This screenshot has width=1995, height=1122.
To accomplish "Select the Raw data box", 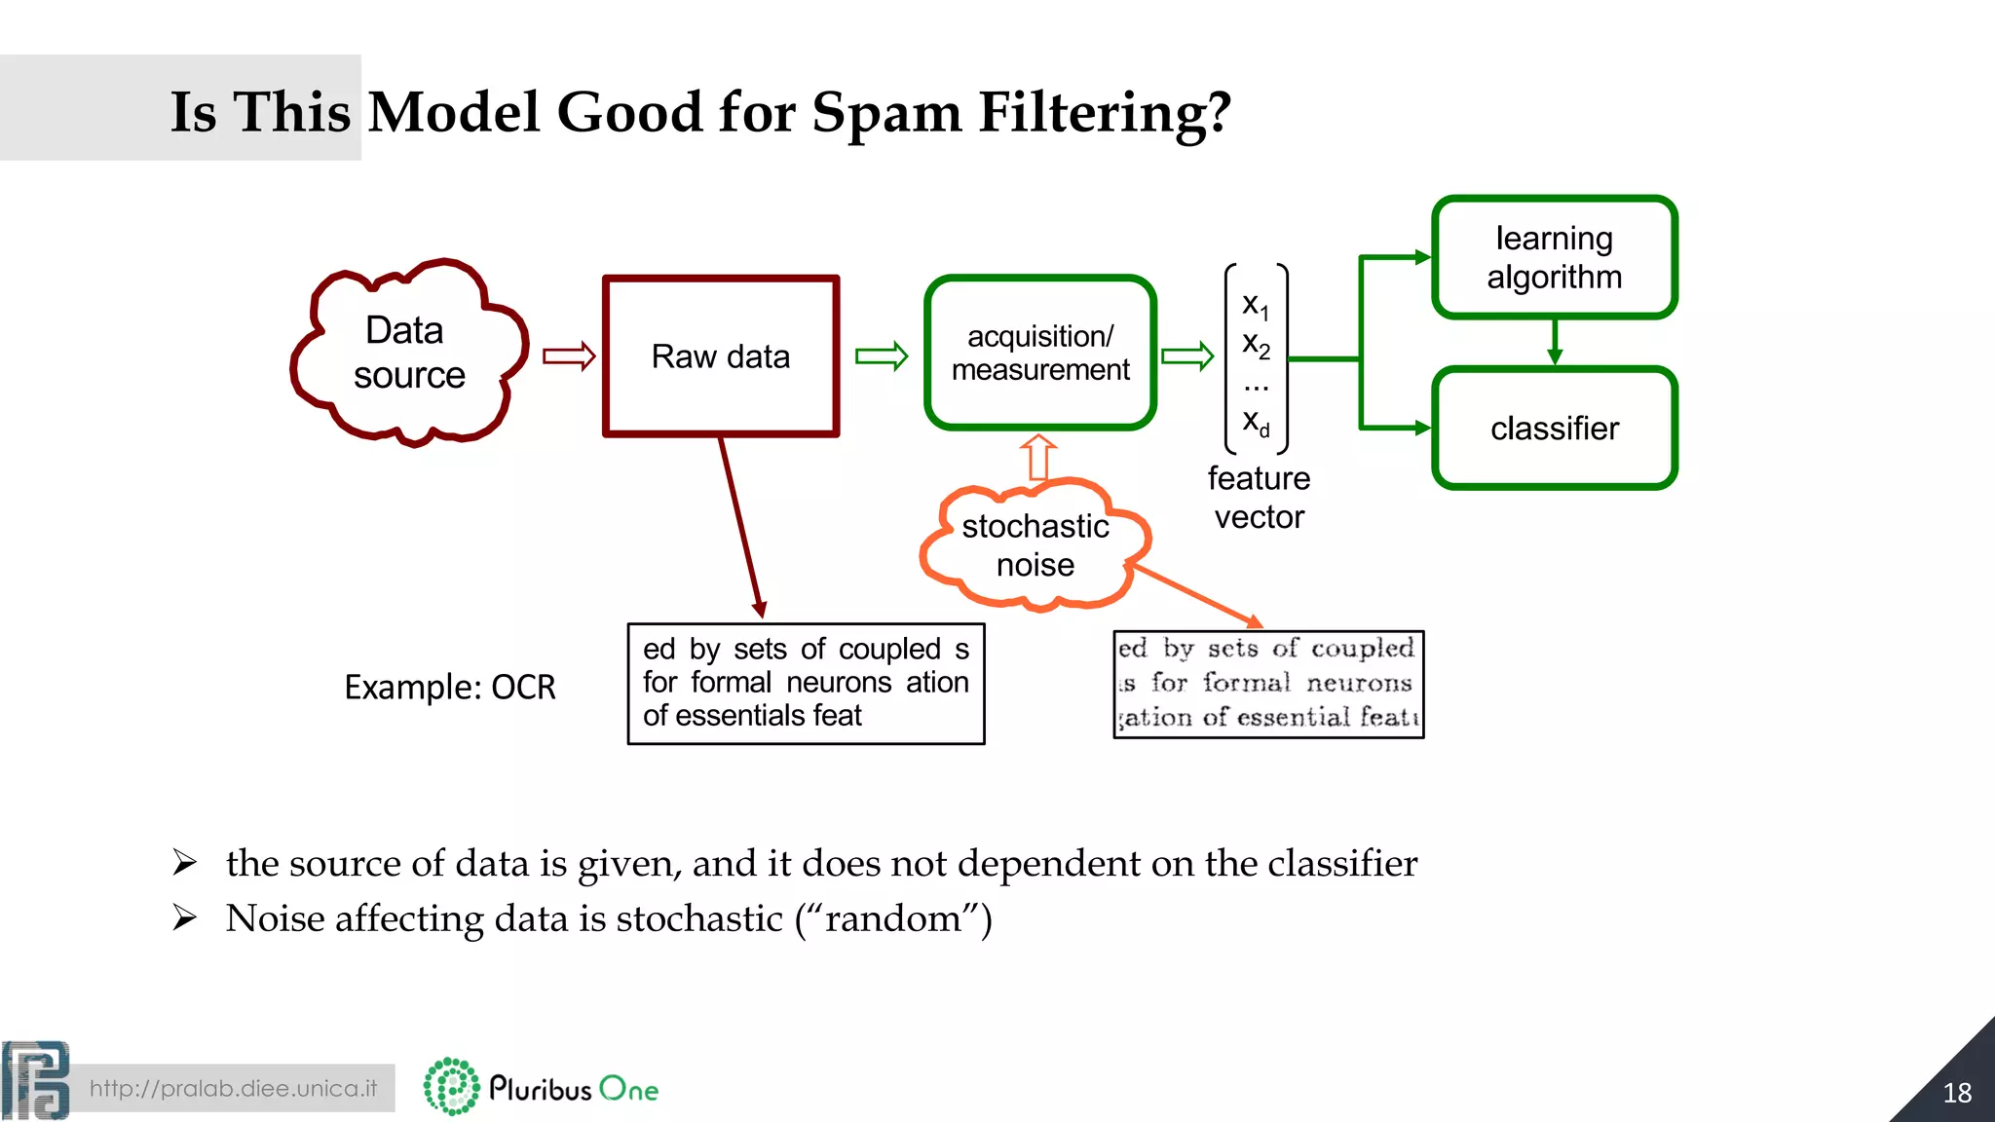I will click(x=721, y=356).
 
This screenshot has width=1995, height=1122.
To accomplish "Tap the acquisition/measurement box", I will click(x=1039, y=353).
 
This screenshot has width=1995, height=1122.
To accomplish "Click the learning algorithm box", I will click(x=1554, y=257).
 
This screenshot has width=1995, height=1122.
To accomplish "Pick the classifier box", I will click(x=1554, y=429).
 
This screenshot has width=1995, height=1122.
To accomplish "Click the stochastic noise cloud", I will click(x=1035, y=545).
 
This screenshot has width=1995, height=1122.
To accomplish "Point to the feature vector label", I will click(x=1259, y=498).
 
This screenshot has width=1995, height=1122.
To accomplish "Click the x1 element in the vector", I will click(x=1255, y=305).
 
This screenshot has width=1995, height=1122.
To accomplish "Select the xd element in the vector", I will click(x=1255, y=423).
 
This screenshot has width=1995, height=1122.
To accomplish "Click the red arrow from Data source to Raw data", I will click(x=569, y=356).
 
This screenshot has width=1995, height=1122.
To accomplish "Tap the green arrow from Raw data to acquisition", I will click(x=881, y=356).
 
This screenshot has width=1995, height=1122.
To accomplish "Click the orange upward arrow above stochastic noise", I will click(x=1037, y=458).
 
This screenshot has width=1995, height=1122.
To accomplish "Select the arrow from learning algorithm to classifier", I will click(x=1555, y=342).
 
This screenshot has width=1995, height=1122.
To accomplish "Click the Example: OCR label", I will click(x=449, y=688).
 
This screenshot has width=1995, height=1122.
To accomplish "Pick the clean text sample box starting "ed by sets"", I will click(x=806, y=684).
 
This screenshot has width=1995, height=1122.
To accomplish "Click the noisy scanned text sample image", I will click(x=1268, y=684).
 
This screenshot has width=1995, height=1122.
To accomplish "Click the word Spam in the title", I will click(x=886, y=113).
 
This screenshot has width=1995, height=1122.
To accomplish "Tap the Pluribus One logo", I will click(x=542, y=1087).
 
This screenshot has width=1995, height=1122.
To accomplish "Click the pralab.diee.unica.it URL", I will click(x=233, y=1088).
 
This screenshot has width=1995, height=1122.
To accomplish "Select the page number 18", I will click(x=1956, y=1093).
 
